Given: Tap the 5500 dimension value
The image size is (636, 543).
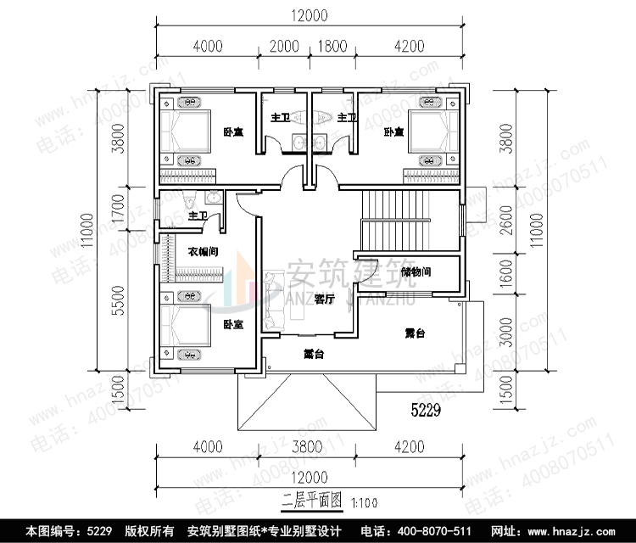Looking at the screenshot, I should [x=119, y=299].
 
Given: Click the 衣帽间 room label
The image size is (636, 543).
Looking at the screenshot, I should [x=204, y=251].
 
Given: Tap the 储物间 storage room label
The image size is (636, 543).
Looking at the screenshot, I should [x=416, y=272].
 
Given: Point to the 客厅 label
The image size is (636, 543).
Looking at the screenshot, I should [x=323, y=299].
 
